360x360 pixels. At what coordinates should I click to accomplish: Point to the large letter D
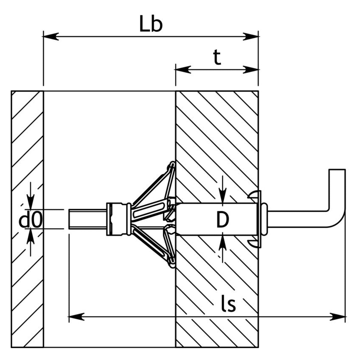pyautogui.click(x=223, y=220)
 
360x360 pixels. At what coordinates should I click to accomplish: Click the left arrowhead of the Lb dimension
pyautogui.click(x=51, y=36)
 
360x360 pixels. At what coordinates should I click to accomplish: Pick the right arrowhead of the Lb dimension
pyautogui.click(x=250, y=36)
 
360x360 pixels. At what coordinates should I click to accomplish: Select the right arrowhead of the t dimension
pyautogui.click(x=250, y=70)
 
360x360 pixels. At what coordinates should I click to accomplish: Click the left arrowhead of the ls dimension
pyautogui.click(x=77, y=321)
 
